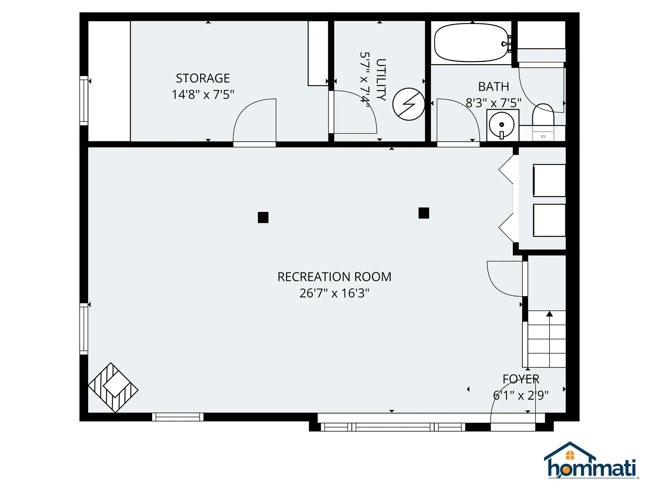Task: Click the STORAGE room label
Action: [x=203, y=78]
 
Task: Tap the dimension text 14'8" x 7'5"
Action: [x=203, y=94]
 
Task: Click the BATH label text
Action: [x=493, y=87]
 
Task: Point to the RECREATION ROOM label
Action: [x=334, y=277]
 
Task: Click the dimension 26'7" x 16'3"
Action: [x=334, y=293]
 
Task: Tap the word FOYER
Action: [x=521, y=379]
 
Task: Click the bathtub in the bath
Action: [x=471, y=43]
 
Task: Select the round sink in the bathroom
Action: [x=501, y=125]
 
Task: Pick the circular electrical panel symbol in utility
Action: [x=408, y=104]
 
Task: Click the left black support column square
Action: [x=263, y=217]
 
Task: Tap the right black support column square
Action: [x=424, y=213]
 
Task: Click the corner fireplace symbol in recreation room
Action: [x=113, y=388]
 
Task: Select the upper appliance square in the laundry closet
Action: [x=549, y=180]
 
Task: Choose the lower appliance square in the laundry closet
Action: [x=549, y=220]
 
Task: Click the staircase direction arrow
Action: [x=550, y=314]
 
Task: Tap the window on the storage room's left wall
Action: [x=84, y=101]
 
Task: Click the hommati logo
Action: [x=591, y=461]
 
